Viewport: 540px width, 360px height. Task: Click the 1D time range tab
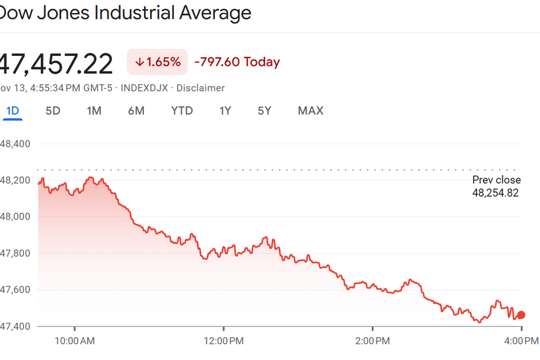click(x=13, y=110)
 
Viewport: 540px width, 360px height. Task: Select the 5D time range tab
click(x=53, y=110)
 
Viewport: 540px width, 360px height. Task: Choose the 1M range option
click(x=94, y=110)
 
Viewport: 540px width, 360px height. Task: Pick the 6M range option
click(x=136, y=110)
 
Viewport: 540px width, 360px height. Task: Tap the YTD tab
click(x=182, y=110)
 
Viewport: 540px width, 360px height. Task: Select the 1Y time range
click(x=225, y=110)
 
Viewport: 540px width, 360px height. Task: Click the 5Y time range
click(x=265, y=110)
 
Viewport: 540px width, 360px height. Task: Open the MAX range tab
click(x=310, y=110)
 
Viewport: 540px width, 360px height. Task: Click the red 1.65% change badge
click(x=157, y=62)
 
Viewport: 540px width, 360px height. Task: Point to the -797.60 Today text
click(x=237, y=62)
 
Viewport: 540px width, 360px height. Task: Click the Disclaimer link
click(x=200, y=88)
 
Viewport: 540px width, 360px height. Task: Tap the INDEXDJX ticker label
click(x=145, y=88)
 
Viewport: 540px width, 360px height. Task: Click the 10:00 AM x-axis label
click(x=74, y=341)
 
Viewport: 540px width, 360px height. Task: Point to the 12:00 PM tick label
click(x=223, y=341)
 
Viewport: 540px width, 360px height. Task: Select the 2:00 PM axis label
click(x=373, y=341)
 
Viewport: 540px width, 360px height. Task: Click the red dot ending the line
click(x=521, y=315)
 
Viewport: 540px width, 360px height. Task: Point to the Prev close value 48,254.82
click(x=495, y=193)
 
